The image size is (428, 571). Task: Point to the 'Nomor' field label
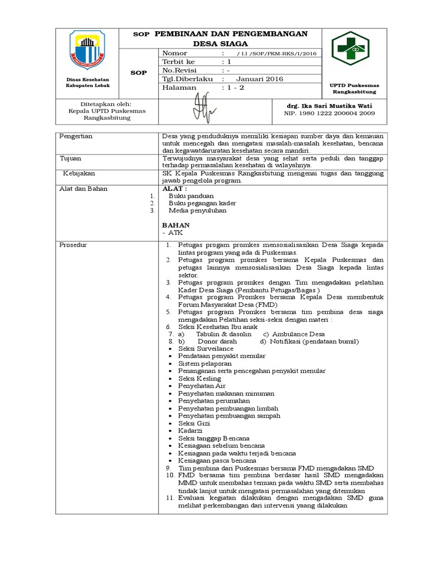(x=176, y=52)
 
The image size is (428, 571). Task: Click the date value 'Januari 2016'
(x=259, y=79)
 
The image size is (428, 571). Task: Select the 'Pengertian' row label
(x=76, y=136)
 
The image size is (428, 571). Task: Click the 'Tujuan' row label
(x=70, y=159)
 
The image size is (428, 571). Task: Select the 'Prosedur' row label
(x=74, y=245)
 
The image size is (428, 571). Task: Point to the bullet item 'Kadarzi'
(x=190, y=431)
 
